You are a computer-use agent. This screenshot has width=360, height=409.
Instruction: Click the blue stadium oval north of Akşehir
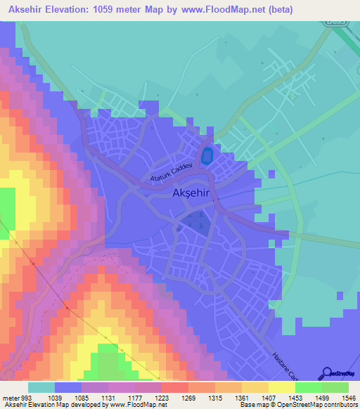click(207, 157)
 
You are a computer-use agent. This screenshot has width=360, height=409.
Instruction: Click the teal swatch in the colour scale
click(41, 388)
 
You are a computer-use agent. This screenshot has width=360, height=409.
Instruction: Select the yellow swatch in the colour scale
click(281, 388)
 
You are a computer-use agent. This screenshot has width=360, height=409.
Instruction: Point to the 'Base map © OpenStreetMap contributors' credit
click(298, 405)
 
